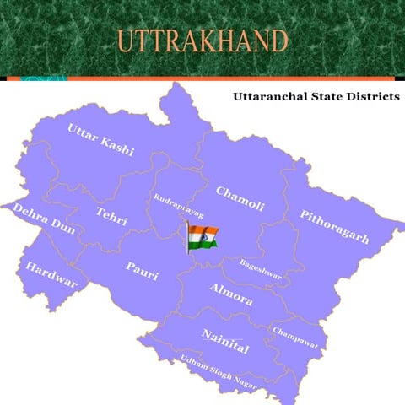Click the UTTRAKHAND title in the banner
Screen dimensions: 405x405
202,40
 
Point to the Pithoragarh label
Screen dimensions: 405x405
334,226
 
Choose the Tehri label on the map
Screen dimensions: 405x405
111,216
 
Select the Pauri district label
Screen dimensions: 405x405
142,271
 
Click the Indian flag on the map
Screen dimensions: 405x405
203,236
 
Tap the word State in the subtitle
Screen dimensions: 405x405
325,97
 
